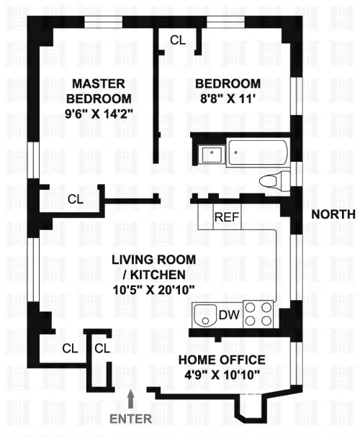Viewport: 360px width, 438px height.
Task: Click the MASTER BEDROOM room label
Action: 101,90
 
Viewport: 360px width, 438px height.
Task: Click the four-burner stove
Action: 259,314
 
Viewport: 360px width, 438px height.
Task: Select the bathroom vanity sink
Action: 211,152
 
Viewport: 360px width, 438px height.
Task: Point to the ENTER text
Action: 131,417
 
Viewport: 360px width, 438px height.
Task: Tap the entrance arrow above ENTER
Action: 131,397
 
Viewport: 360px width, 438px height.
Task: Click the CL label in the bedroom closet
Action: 177,40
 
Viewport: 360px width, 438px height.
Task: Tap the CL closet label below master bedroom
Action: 76,199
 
